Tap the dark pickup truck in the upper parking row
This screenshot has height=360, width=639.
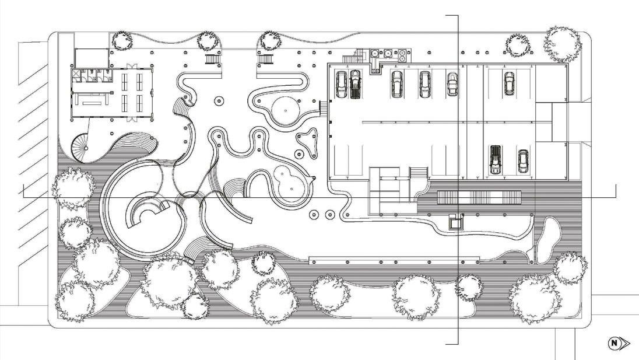pos(355,85)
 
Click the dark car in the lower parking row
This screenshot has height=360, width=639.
pos(495,159)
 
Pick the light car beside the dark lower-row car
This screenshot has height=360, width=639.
pos(523,162)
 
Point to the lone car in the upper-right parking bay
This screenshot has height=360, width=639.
pos(509,83)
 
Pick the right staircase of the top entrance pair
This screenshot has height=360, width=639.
pos(266,59)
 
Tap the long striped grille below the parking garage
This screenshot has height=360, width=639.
pos(479,197)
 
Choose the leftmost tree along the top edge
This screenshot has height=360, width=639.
pos(123,40)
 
